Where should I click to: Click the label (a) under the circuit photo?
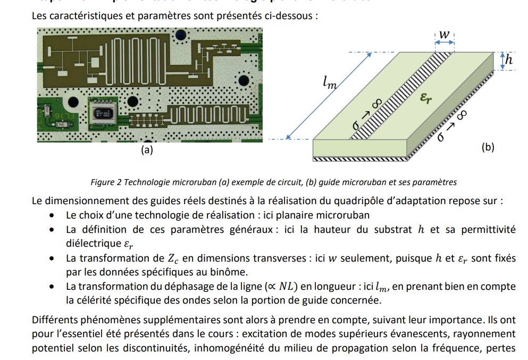click(147, 150)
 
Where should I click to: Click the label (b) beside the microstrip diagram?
click(488, 147)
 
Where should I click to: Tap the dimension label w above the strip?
click(445, 35)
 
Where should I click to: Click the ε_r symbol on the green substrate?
click(425, 97)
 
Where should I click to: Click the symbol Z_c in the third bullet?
click(173, 259)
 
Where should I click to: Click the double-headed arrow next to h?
click(501, 61)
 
